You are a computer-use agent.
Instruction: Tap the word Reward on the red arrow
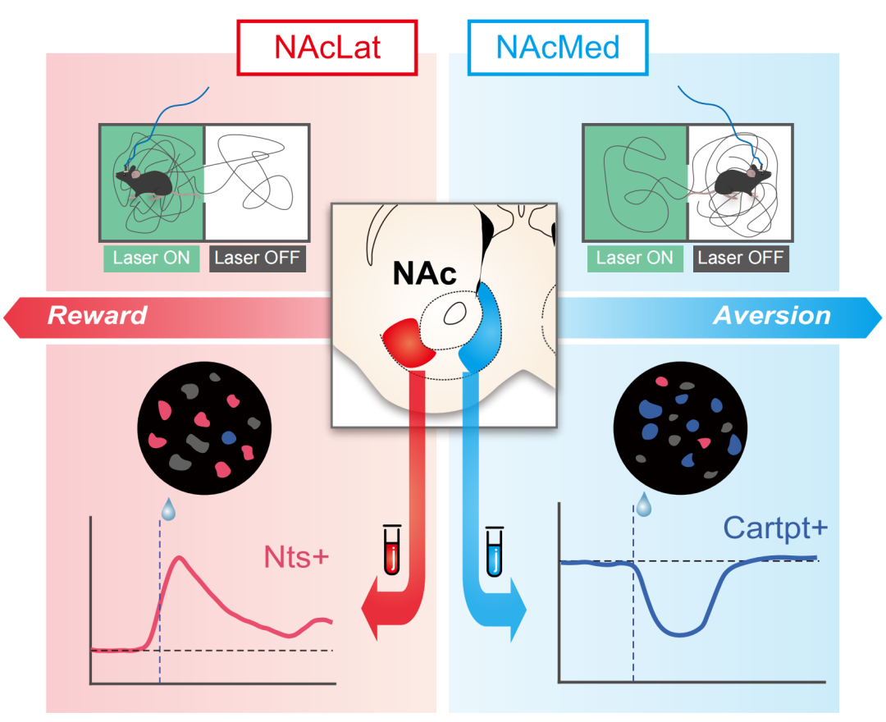97,315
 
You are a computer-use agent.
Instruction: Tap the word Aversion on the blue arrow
772,316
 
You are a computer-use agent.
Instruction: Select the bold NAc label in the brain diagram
424,273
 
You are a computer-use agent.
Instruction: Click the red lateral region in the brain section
409,343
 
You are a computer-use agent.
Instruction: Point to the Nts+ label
296,557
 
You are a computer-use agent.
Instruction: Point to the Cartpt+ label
775,529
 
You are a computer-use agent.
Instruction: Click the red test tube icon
391,551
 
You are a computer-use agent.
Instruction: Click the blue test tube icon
495,552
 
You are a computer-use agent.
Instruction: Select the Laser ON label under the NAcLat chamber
152,258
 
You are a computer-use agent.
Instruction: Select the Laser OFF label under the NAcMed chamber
741,258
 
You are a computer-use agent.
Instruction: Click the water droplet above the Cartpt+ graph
644,504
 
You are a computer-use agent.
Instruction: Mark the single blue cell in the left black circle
229,438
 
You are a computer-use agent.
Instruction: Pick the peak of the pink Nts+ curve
180,558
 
